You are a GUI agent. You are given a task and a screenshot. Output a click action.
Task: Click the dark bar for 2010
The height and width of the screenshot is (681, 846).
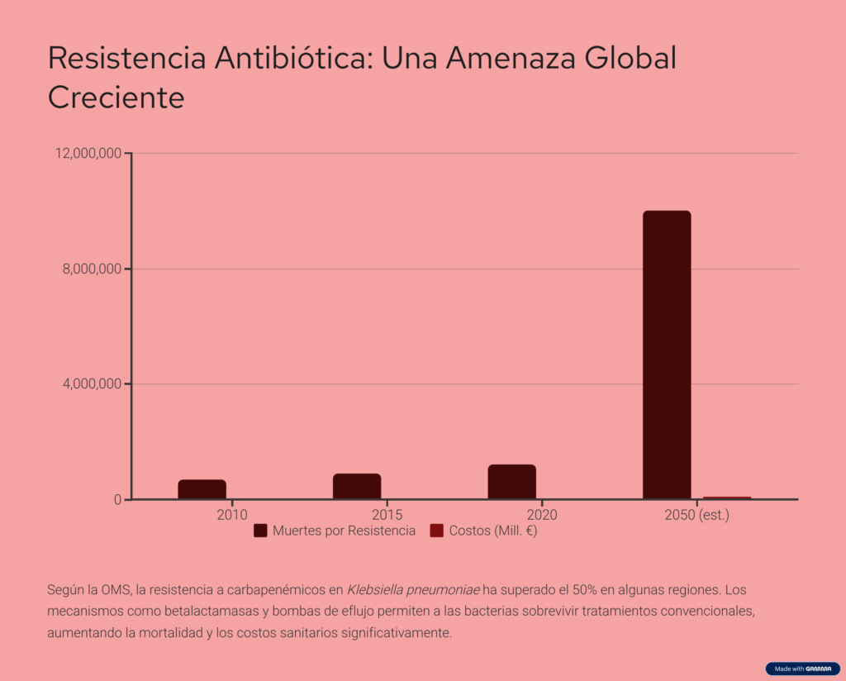tap(202, 489)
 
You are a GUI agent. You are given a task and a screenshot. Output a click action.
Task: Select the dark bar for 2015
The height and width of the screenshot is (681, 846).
tap(357, 486)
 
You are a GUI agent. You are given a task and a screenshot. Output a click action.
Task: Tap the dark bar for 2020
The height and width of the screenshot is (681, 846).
tap(511, 482)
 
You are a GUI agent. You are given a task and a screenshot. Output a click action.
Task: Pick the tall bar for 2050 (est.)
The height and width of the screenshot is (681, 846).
tap(667, 355)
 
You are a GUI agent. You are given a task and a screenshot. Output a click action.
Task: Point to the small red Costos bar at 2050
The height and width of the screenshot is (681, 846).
tap(727, 498)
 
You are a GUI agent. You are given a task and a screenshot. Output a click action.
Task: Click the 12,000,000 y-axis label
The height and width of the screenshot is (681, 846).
tap(88, 153)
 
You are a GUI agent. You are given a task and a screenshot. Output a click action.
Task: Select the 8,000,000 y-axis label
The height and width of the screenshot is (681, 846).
tap(91, 269)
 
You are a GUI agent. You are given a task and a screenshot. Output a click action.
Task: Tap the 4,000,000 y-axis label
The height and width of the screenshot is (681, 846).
tap(91, 383)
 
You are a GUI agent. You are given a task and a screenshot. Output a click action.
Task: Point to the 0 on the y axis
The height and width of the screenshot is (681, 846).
tap(117, 499)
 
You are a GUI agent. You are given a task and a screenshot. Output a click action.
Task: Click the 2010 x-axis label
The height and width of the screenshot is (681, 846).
tap(232, 515)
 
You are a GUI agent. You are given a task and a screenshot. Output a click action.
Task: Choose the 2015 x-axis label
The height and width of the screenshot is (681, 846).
tap(387, 515)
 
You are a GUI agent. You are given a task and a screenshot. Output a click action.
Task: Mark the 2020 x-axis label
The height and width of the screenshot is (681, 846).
tap(541, 515)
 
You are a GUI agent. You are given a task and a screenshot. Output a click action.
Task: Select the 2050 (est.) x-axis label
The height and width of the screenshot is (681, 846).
tap(696, 515)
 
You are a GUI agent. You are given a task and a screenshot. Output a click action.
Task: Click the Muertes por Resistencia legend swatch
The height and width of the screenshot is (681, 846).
tap(260, 531)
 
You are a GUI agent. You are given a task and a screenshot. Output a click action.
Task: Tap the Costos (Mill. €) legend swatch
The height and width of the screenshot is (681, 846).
tap(437, 531)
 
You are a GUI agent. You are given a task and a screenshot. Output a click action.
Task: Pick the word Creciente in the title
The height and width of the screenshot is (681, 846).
tap(116, 98)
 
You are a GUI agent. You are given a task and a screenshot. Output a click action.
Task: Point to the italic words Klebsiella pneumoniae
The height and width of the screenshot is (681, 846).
tap(413, 590)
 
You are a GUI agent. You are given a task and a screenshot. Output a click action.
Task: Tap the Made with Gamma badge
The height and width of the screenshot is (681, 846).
tap(802, 669)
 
